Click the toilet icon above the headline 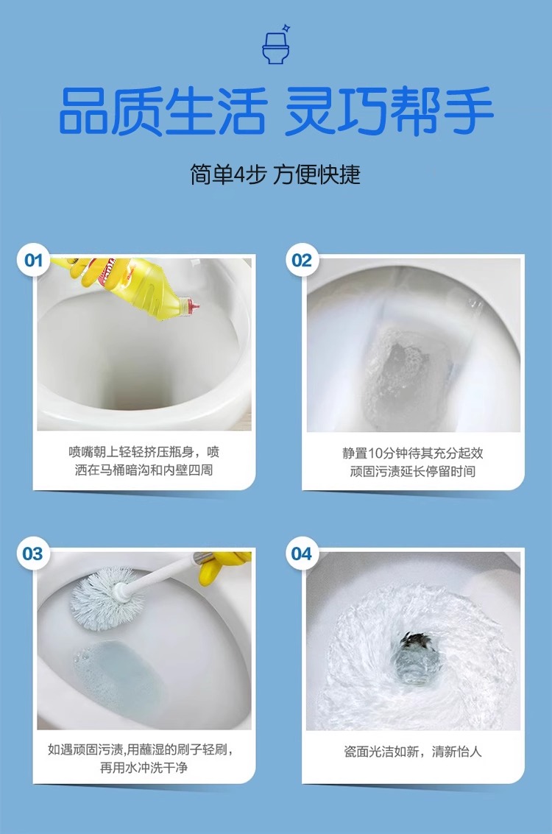[x=275, y=45]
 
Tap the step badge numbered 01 [x=34, y=260]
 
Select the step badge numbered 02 [x=302, y=260]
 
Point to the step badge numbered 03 [x=33, y=554]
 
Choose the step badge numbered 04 [x=302, y=554]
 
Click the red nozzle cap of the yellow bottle [x=191, y=306]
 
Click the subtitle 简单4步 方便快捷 [x=275, y=174]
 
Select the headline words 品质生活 [x=162, y=111]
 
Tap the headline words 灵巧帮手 [x=389, y=111]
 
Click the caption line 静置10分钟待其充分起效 [x=413, y=453]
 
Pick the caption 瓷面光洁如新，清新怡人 [x=413, y=752]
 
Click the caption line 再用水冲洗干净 [x=144, y=768]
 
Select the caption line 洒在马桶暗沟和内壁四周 [x=144, y=470]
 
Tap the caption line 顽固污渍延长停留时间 [x=413, y=471]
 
